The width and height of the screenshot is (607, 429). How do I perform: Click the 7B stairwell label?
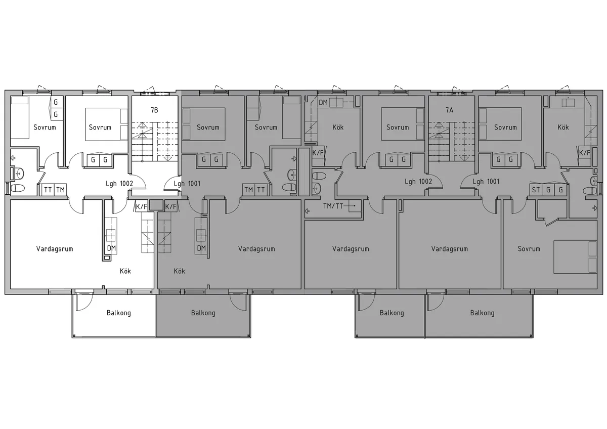[154, 109]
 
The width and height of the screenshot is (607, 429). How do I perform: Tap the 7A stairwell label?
[449, 109]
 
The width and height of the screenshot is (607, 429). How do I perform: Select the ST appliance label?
[536, 190]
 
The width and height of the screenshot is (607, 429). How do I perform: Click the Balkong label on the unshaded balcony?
[119, 313]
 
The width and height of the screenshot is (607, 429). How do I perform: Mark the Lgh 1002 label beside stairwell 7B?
[119, 183]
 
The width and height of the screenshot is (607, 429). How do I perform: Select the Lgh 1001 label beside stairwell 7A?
[486, 182]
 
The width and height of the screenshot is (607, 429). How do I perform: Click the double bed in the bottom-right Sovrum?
[576, 256]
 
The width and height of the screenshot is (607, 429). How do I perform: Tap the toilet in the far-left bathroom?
[18, 188]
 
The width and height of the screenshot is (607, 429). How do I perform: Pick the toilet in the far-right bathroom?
[590, 191]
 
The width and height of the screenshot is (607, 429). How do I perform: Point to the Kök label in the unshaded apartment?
[125, 271]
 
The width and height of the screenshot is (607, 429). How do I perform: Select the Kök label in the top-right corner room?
[563, 127]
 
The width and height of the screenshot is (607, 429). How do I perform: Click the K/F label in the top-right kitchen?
[584, 152]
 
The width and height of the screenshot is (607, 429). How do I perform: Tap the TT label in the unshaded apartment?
[48, 190]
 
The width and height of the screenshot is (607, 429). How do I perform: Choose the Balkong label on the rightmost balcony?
[482, 313]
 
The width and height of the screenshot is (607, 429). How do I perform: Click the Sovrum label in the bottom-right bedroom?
[529, 248]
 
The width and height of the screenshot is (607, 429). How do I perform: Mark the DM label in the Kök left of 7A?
[323, 103]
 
